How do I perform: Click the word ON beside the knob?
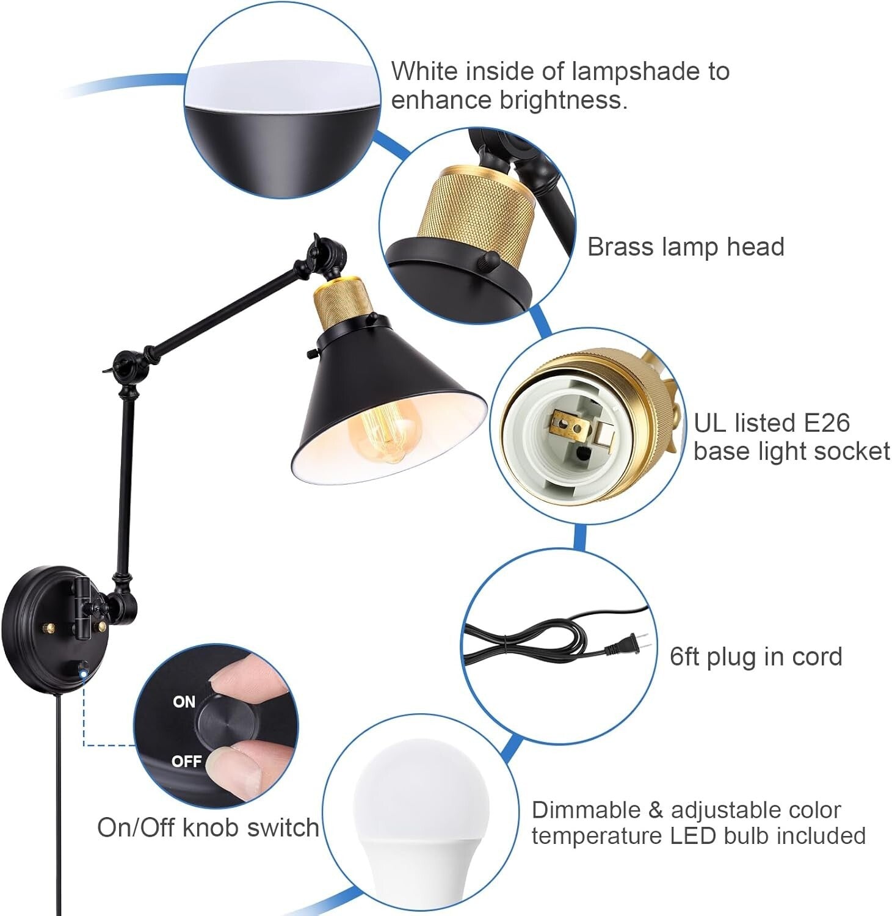click(x=184, y=702)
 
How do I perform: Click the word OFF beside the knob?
click(x=186, y=761)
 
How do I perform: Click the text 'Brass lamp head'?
click(x=685, y=247)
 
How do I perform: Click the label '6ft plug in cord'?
click(x=756, y=656)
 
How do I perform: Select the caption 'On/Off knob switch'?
click(x=208, y=827)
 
